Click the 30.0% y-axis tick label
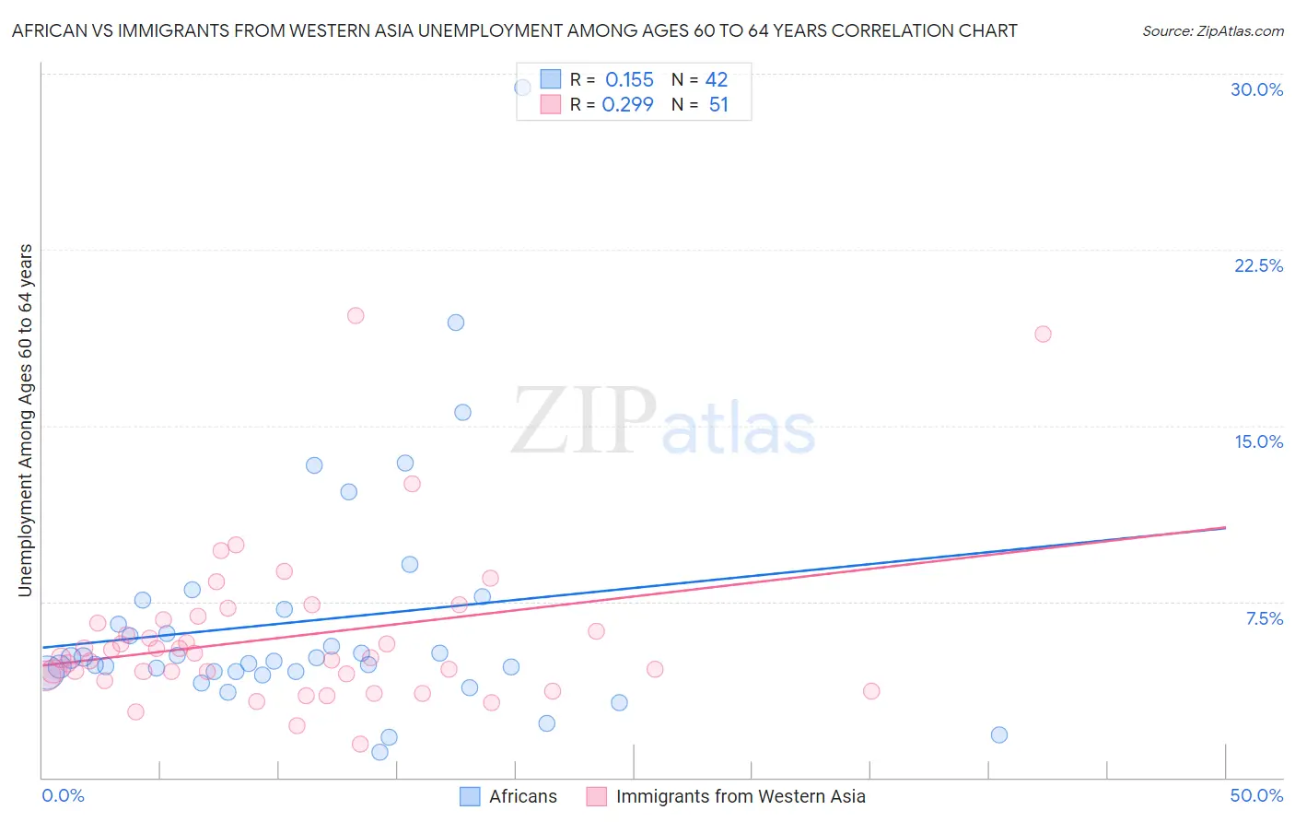point(1256,89)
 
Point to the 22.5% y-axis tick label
point(1258,265)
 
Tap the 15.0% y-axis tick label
point(1258,441)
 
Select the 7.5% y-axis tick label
point(1264,618)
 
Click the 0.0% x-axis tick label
point(63,795)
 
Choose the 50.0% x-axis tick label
point(1256,795)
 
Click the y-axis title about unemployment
point(26,420)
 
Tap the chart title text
point(514,30)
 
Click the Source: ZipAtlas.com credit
point(1212,31)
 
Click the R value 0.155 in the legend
point(629,80)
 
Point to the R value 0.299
point(627,105)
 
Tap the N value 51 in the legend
point(718,105)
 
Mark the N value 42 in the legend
point(717,80)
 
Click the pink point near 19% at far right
point(1043,334)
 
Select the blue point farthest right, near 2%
point(999,734)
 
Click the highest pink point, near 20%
point(356,315)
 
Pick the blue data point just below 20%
point(456,323)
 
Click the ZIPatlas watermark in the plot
point(663,422)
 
